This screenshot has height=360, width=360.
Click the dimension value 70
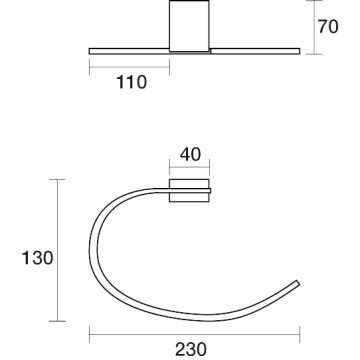coord(328,27)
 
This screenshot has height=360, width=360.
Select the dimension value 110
coord(131,82)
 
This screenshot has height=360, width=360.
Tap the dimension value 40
coord(190,154)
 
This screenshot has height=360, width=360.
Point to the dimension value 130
coord(37,258)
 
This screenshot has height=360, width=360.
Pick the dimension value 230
coord(191,350)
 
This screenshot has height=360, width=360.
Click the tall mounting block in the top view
coord(189,26)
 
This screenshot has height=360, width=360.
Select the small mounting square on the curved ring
coord(189,191)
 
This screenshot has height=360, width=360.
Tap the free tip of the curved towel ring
coord(298,283)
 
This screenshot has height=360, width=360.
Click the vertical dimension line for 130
coord(57,250)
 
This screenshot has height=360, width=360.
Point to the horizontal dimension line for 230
coord(195,334)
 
